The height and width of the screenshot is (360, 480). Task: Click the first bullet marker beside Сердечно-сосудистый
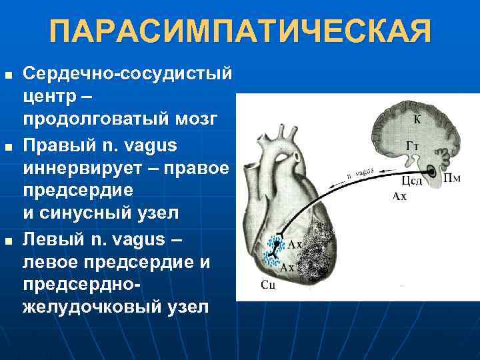pyautogui.click(x=7, y=72)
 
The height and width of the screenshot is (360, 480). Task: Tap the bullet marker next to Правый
pyautogui.click(x=7, y=144)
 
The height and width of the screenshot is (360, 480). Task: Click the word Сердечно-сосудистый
pyautogui.click(x=127, y=72)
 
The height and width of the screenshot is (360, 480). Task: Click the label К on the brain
pyautogui.click(x=417, y=120)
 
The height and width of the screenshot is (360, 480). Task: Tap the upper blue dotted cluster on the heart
pyautogui.click(x=274, y=243)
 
